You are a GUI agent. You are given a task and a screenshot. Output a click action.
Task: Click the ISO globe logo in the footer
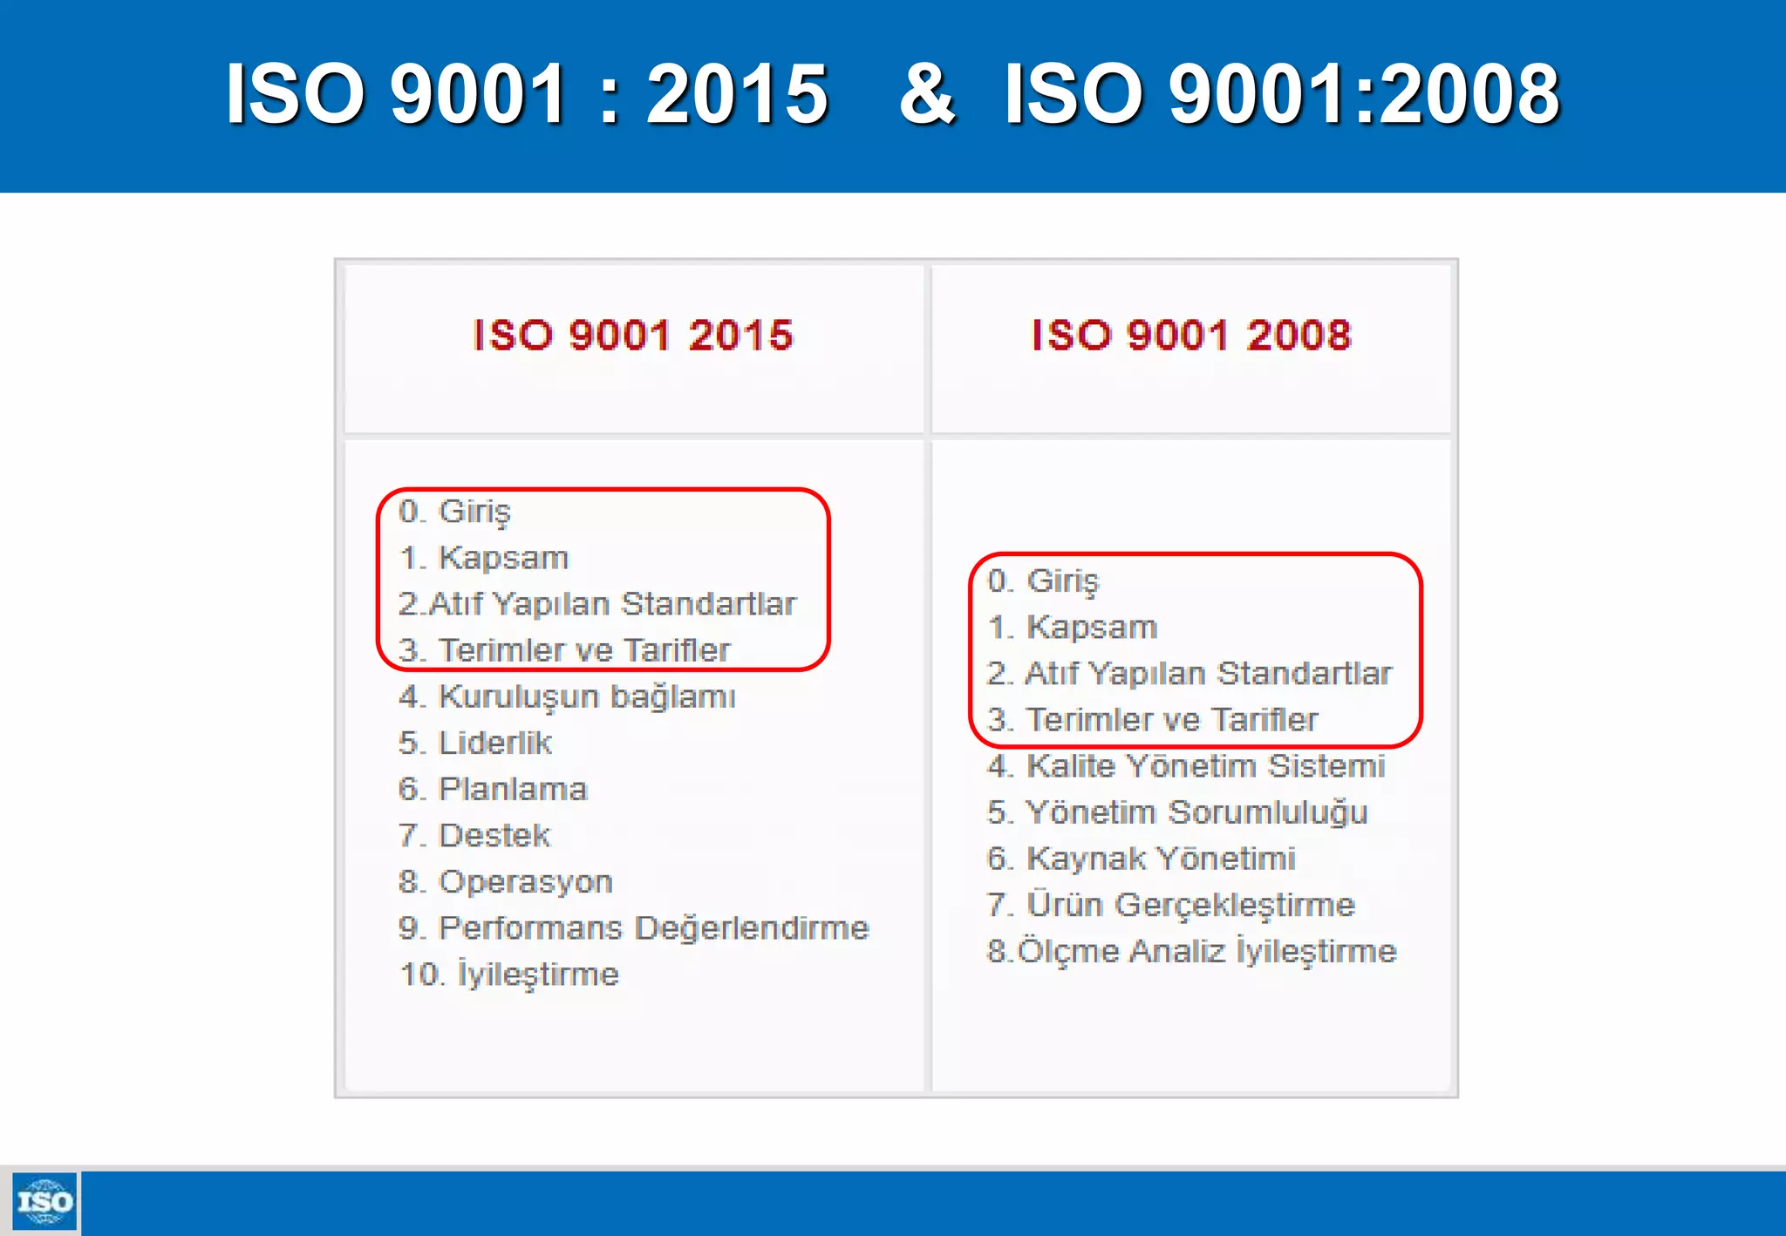coord(44,1202)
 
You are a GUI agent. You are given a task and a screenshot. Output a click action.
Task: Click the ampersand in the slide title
coord(927,93)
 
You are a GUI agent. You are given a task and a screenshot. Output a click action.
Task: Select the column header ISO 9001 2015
coord(633,336)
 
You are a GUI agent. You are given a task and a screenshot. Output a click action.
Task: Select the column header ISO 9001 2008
coord(1191,336)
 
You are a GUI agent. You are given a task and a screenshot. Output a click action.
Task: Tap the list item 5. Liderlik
coord(475,743)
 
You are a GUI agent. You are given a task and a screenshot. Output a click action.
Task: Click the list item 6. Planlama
coord(493,789)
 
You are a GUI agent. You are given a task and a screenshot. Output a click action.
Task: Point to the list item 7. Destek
coord(474,835)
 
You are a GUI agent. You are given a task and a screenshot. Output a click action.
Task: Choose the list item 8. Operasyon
coord(506,881)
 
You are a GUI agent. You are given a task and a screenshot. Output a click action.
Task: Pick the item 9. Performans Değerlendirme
coord(634,927)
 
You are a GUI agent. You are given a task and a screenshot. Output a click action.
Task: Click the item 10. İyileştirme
coord(509,974)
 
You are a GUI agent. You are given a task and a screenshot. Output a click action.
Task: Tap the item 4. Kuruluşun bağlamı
coord(567,696)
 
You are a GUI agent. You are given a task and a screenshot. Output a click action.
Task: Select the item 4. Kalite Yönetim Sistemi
coord(1186,765)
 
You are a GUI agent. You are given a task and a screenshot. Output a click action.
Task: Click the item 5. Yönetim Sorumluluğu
coord(1177,812)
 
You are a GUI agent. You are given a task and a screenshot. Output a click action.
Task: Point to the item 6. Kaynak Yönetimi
coord(1141,858)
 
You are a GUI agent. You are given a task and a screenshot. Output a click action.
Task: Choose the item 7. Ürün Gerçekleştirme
coord(1171,904)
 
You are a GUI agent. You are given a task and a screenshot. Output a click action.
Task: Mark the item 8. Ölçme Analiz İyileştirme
coord(1191,950)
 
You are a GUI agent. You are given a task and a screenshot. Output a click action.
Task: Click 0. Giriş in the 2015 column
coord(454,511)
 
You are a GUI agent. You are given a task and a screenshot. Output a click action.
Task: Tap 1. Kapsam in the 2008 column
coord(1072,627)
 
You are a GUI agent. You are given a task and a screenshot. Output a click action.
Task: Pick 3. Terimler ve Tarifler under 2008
coord(1152,719)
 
